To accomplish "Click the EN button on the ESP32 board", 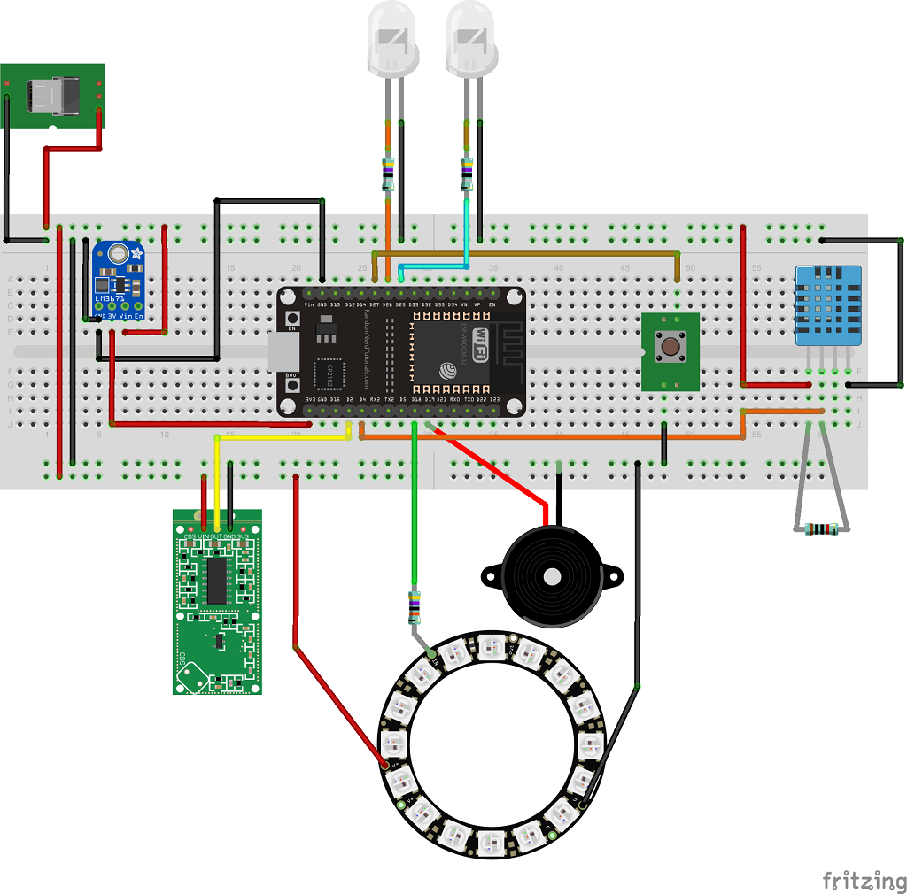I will (291, 319).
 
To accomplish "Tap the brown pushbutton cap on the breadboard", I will (670, 345).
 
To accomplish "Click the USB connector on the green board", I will (55, 94).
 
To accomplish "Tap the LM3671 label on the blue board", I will (110, 298).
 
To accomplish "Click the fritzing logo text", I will (864, 881).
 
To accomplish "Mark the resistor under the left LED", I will (387, 174).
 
